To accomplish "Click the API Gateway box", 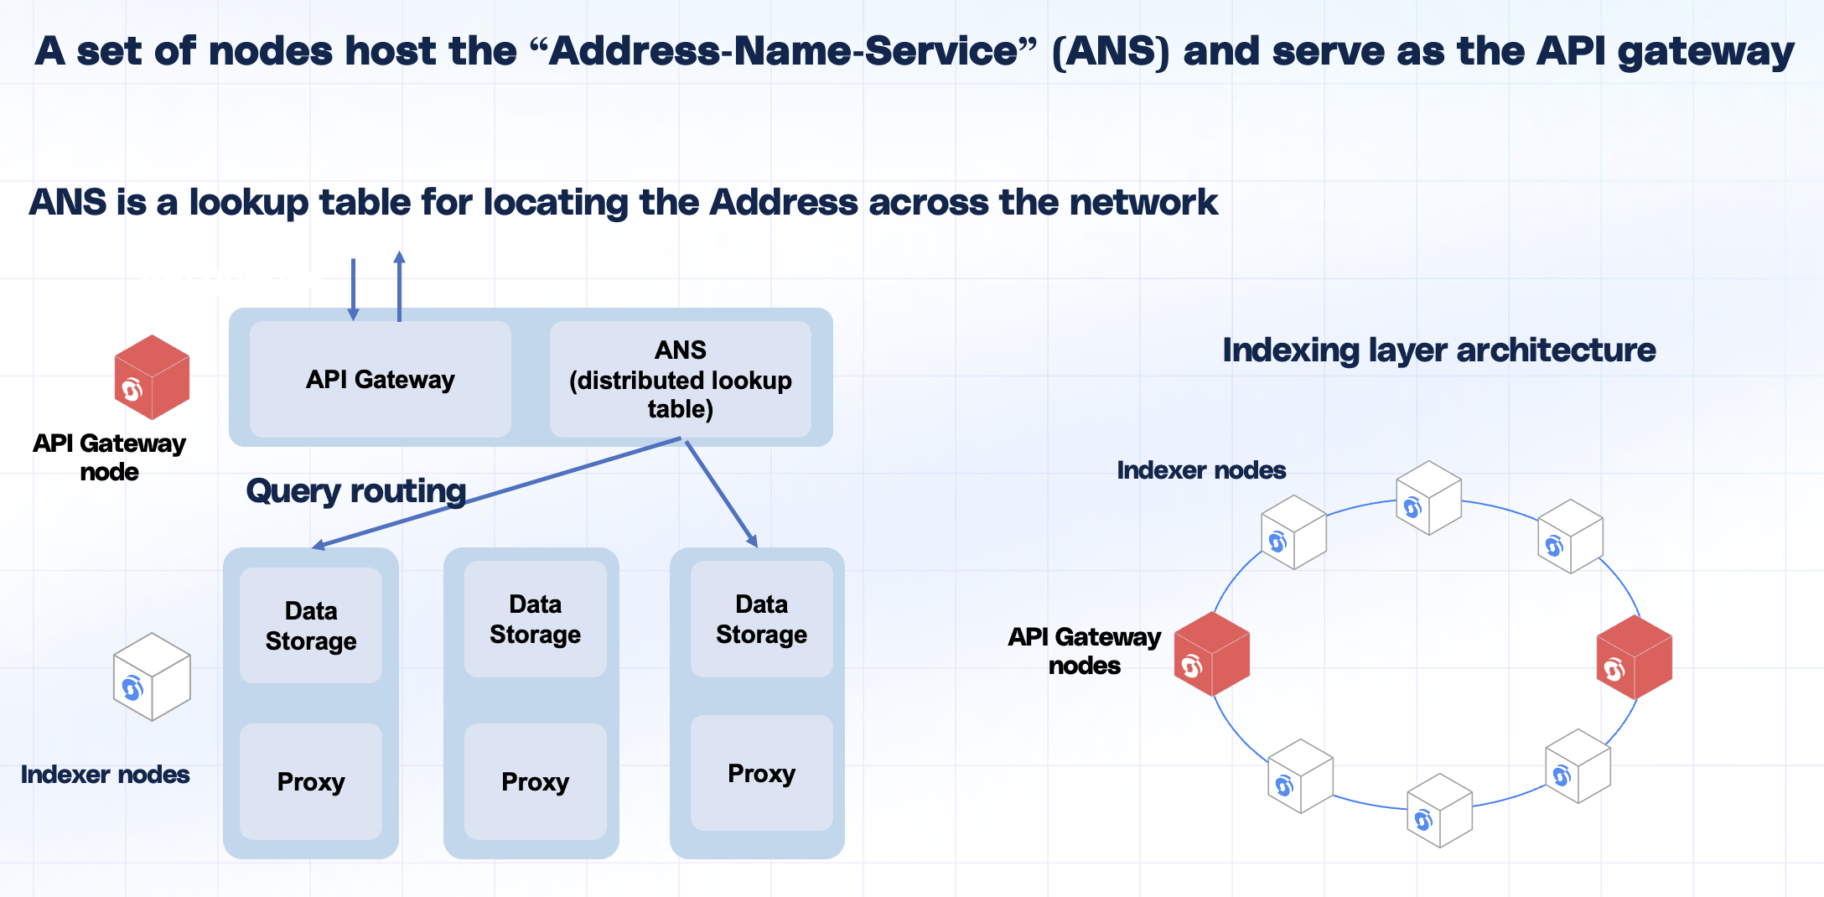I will tap(380, 379).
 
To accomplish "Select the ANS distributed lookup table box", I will tap(680, 379).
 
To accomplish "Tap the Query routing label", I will tap(355, 491).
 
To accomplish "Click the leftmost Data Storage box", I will tap(310, 625).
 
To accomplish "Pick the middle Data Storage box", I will tap(535, 620).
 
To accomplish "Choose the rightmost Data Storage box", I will tap(761, 620).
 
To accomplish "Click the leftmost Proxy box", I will tap(310, 781).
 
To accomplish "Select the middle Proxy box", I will tap(535, 781).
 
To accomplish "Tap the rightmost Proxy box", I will tap(761, 773).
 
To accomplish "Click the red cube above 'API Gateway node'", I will tap(152, 377).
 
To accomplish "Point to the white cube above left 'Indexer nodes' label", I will tap(152, 677).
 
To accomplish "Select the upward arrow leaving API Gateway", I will tap(400, 285).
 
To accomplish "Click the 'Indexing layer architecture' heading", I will tap(1438, 350).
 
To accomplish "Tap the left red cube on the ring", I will tap(1212, 654).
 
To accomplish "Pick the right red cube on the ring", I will tap(1635, 657).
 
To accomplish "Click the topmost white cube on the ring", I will tap(1428, 498).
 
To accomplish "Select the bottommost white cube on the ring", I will tap(1439, 811).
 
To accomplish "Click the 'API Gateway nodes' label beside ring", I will tap(1084, 651).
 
